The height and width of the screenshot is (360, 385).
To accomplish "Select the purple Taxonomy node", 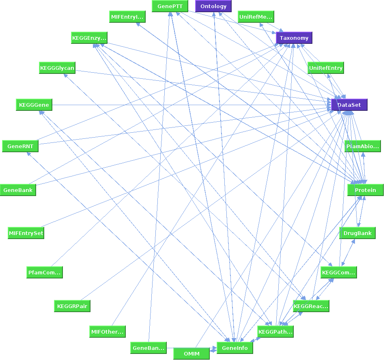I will coord(294,38).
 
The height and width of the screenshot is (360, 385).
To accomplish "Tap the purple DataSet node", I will coord(349,105).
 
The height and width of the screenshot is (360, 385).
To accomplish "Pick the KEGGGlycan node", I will coord(57,68).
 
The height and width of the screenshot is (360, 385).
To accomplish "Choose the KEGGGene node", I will coord(34,105).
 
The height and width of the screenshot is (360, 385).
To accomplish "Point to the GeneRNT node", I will coord(20,146).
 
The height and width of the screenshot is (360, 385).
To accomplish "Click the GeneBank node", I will coord(18,190).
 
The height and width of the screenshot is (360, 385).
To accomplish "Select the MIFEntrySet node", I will coord(26,233).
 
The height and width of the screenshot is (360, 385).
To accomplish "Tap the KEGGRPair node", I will coord(72,306).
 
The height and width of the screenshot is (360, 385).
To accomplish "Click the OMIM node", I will coord(191,354).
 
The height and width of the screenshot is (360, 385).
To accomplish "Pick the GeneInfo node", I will coord(235,348).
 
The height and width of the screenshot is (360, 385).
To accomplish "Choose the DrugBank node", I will coord(357,233).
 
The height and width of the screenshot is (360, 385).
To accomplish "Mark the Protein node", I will coord(365,190).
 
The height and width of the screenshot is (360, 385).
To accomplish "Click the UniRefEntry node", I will coord(325,68).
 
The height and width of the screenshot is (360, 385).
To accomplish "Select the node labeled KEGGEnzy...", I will coord(89,38).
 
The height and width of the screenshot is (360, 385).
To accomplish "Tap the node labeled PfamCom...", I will coord(45,272).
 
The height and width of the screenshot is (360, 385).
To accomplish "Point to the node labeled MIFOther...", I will coord(108,332).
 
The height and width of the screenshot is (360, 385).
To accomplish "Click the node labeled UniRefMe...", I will coord(256,17).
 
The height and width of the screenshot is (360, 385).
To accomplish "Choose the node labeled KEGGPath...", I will coord(275,332).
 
